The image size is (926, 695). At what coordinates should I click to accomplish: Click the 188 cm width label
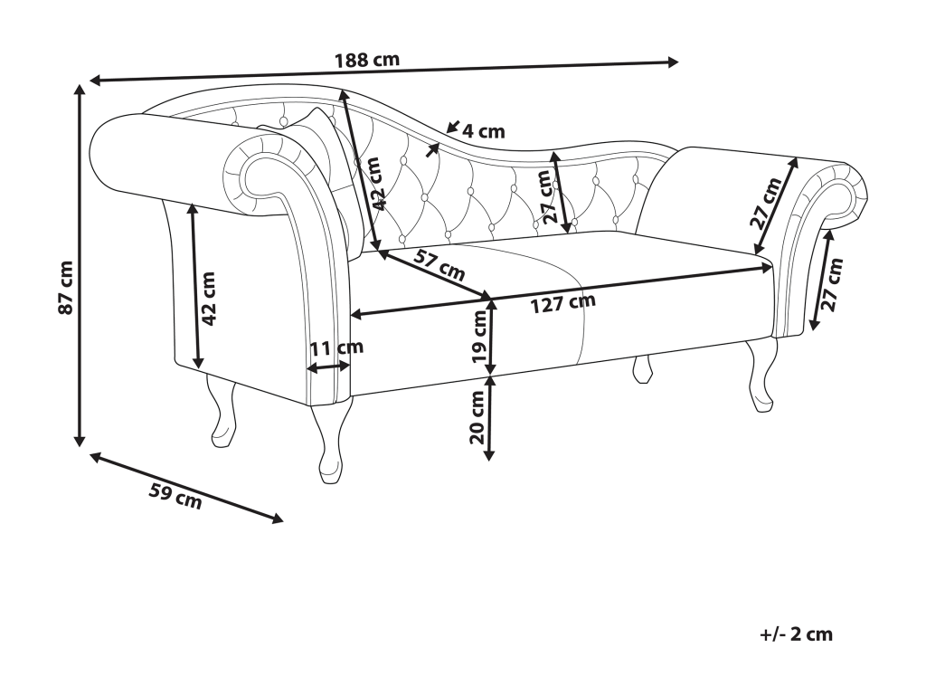[x=367, y=61]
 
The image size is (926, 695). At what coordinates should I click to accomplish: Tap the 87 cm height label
[x=65, y=288]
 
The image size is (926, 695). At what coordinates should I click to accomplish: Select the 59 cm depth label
[x=175, y=496]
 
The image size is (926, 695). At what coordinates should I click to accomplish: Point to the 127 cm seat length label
[x=563, y=304]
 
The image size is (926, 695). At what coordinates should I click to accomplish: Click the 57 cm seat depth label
[x=439, y=267]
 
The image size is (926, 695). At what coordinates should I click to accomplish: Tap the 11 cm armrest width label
[x=336, y=347]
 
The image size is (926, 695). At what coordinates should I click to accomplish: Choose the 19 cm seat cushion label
[x=478, y=337]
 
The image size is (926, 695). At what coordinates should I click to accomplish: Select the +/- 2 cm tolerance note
[x=796, y=633]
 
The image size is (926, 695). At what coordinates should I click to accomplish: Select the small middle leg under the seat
[x=643, y=368]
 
